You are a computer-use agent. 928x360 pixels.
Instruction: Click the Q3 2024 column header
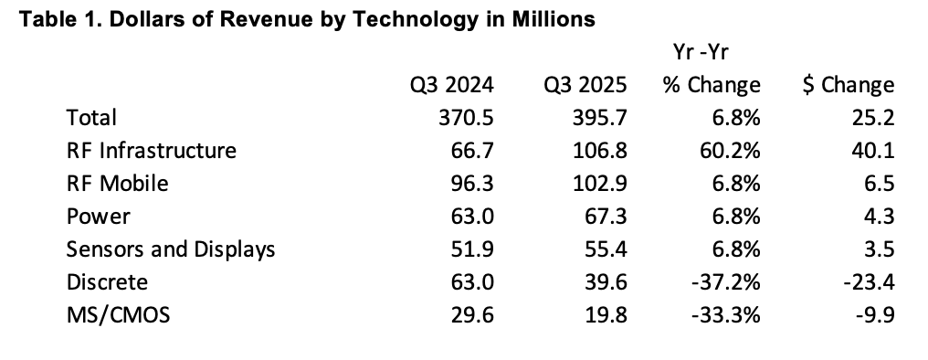coord(451,85)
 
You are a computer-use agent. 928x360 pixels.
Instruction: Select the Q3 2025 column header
coord(584,85)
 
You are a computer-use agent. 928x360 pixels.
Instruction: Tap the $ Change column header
coord(847,85)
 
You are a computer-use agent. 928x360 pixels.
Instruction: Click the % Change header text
coord(712,85)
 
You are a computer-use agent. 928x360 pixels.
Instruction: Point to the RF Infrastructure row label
coord(152,150)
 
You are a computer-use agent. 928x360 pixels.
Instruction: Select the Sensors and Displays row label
coord(171,249)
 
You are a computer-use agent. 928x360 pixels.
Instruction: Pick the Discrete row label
coord(107,281)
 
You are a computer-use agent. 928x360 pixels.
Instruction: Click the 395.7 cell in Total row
coord(599,117)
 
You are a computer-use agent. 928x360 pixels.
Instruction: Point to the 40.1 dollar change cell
coord(873,150)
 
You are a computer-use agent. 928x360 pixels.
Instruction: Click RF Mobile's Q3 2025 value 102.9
coord(599,183)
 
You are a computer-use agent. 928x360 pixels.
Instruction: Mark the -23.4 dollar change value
coord(870,281)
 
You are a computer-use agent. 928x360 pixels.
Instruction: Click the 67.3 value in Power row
coord(606,216)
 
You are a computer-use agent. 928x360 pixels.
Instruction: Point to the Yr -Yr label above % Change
coord(700,52)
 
